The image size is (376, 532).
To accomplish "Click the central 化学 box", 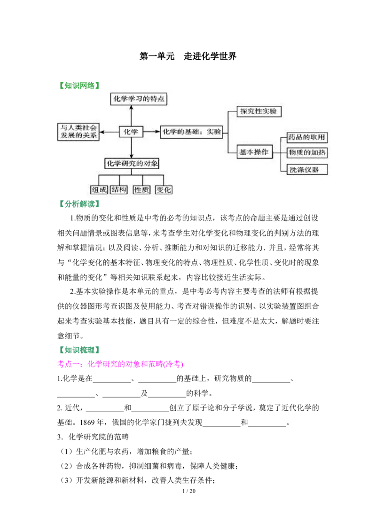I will [131, 132].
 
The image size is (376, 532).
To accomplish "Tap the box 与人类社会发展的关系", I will [78, 132].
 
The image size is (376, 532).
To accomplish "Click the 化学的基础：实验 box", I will [191, 132].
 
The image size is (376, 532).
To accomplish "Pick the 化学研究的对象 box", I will [132, 164].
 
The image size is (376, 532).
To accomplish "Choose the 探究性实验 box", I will [258, 111].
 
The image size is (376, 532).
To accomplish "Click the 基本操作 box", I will [254, 152].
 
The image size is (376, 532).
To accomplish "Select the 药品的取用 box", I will [306, 138].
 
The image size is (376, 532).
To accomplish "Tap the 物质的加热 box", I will [306, 153].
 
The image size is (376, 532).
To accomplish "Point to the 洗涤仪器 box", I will [306, 169].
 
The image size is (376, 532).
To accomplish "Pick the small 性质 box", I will [141, 190].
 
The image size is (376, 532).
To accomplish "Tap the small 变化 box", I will [164, 190].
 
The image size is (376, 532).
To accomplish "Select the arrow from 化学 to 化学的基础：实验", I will [151, 132].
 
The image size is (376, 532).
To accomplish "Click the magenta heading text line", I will [120, 364].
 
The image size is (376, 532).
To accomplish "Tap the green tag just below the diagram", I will [80, 204].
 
